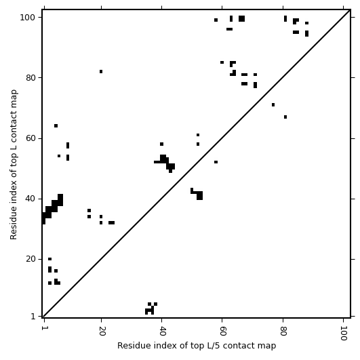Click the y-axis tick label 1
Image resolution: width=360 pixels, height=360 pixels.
click(x=33, y=317)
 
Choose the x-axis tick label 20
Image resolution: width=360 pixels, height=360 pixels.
click(x=101, y=331)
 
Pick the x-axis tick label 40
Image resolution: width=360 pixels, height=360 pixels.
click(x=162, y=331)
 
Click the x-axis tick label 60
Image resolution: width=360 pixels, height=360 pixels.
click(x=222, y=331)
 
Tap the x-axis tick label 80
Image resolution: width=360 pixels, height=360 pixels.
click(x=283, y=331)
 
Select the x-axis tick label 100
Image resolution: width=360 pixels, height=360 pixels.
click(x=343, y=333)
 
